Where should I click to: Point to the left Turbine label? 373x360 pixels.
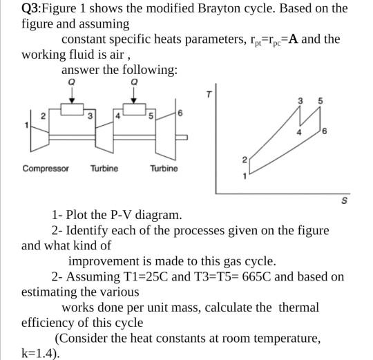point(104,169)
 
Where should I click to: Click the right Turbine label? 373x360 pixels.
point(163,169)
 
